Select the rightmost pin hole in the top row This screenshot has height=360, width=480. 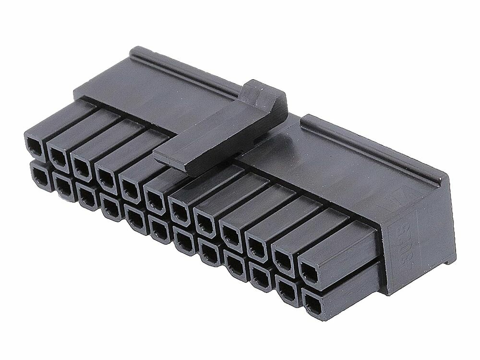(309, 273)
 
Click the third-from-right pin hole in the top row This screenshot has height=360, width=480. (257, 248)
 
